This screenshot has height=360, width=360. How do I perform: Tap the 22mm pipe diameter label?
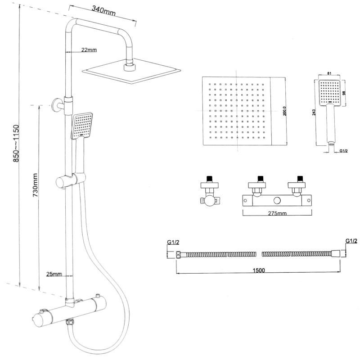coord(89,50)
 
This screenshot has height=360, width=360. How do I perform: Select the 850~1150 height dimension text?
coord(16,143)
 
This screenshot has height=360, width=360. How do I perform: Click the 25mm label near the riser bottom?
coord(54,274)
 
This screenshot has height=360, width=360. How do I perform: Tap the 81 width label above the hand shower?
coord(329,74)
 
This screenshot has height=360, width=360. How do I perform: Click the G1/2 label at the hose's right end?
coord(351,241)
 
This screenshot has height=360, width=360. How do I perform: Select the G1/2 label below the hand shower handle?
coord(344,151)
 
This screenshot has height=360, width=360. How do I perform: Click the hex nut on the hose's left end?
coord(179,255)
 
